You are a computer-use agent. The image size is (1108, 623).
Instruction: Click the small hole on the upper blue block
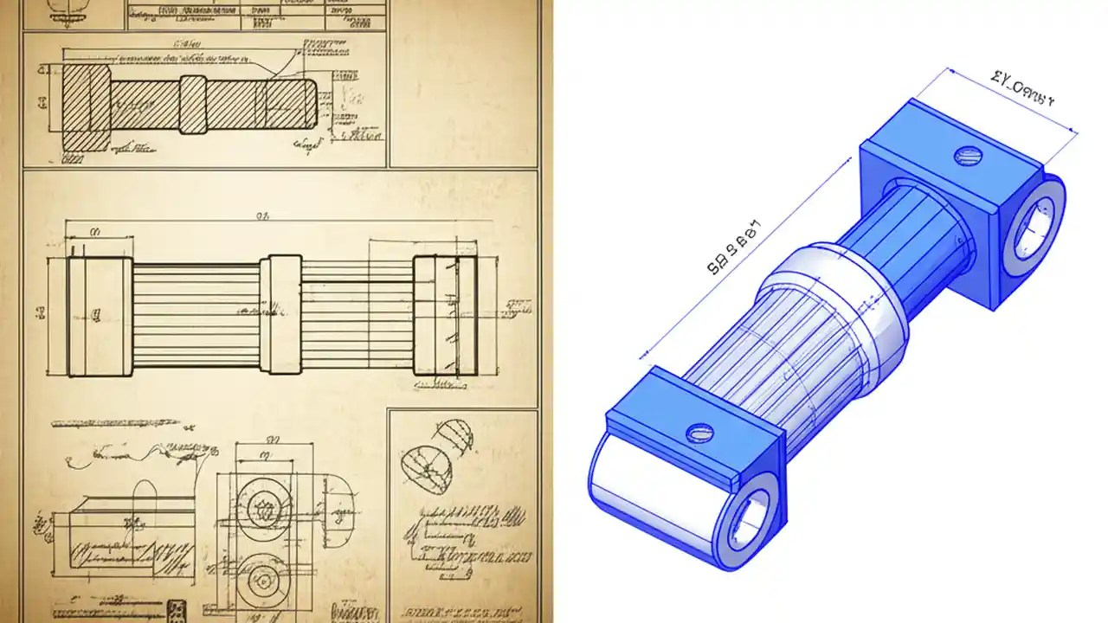pos(969,157)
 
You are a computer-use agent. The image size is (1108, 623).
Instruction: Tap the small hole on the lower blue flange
pos(698,431)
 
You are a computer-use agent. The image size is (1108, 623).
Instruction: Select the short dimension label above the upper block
pos(1022,89)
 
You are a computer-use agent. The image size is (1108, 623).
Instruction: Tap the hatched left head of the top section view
pos(87,106)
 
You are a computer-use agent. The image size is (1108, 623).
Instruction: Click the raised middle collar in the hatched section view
pos(193,105)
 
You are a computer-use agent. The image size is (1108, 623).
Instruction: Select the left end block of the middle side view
pos(100,316)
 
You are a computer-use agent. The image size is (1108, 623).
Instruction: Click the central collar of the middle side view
pos(285,315)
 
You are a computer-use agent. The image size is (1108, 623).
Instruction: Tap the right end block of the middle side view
pos(444,316)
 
